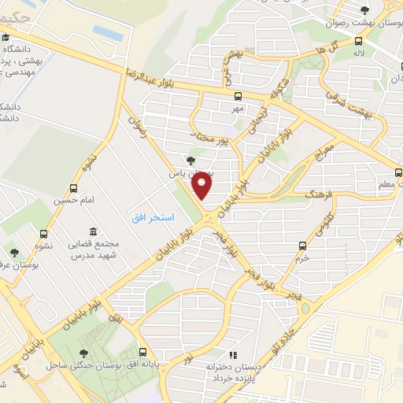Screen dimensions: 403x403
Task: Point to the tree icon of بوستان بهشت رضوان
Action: (364, 10)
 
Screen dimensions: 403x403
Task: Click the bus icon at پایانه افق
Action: (142, 351)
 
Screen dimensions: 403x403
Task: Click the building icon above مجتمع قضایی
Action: (94, 232)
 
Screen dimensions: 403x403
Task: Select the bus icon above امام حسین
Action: (73, 188)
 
